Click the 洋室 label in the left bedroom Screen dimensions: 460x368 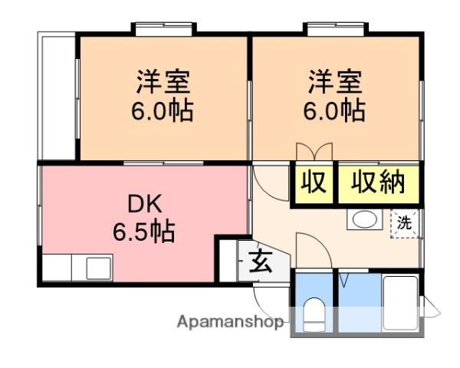coord(163,81)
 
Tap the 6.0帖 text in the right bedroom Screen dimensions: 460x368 coord(334,111)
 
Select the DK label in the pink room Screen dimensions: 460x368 coord(145,204)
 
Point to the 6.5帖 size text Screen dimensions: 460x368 coord(144,231)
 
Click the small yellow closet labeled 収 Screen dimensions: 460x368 coord(314,182)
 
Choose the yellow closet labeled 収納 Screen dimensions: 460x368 coord(379,182)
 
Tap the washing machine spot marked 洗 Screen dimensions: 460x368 coord(404,223)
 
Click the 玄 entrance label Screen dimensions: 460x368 coord(261,261)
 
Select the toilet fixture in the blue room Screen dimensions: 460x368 coord(314,314)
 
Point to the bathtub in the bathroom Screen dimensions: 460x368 coord(401,303)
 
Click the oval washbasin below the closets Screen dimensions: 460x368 coord(365,219)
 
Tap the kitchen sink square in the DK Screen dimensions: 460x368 coord(99,268)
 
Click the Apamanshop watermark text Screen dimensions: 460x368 coord(230,322)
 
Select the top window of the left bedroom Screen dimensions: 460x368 coord(163,29)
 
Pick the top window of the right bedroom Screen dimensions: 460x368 coord(335,29)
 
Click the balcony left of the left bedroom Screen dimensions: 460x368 coord(57,96)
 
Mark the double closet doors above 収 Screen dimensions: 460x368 coord(314,152)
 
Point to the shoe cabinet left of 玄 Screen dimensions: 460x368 coord(228,261)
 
